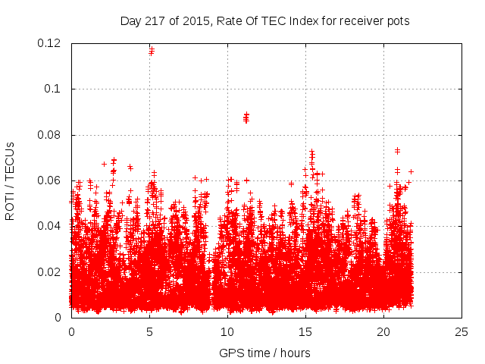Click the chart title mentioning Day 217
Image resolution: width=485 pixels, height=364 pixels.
click(x=264, y=21)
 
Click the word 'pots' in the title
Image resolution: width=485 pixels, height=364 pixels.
click(x=397, y=21)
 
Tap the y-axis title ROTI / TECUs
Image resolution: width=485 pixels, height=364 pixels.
click(x=10, y=180)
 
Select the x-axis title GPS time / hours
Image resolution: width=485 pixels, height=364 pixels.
click(x=264, y=353)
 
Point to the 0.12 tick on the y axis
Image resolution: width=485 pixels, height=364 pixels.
click(x=50, y=43)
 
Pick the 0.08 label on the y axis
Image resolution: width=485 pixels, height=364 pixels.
click(x=50, y=135)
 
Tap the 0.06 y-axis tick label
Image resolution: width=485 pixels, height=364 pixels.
click(x=50, y=180)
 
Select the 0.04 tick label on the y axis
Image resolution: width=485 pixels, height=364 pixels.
click(x=50, y=226)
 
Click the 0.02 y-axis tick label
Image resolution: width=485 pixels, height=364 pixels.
click(x=50, y=272)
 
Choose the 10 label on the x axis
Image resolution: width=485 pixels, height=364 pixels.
click(x=227, y=331)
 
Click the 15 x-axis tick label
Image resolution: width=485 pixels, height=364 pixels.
click(x=305, y=331)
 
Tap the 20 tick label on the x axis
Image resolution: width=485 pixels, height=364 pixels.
click(x=383, y=331)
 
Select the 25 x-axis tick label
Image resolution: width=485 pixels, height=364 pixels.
click(x=462, y=331)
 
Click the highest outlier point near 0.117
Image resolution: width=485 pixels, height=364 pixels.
click(x=152, y=51)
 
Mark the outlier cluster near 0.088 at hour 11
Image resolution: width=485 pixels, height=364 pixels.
click(x=246, y=117)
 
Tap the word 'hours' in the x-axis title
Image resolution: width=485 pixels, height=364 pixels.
click(x=294, y=353)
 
